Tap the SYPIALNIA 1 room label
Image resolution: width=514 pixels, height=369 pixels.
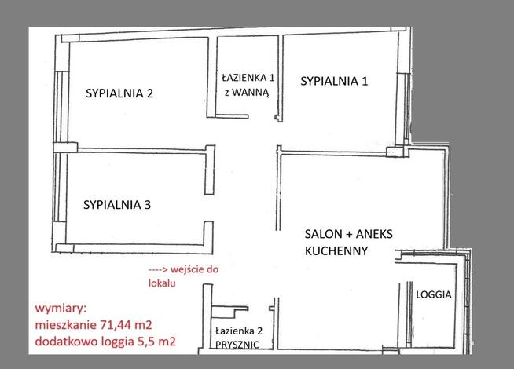pos(334,80)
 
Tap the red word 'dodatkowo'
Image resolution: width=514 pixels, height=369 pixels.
pos(61,341)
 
